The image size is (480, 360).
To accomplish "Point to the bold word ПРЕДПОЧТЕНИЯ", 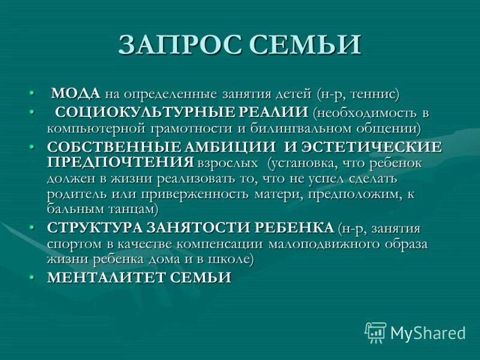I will [120, 162].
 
